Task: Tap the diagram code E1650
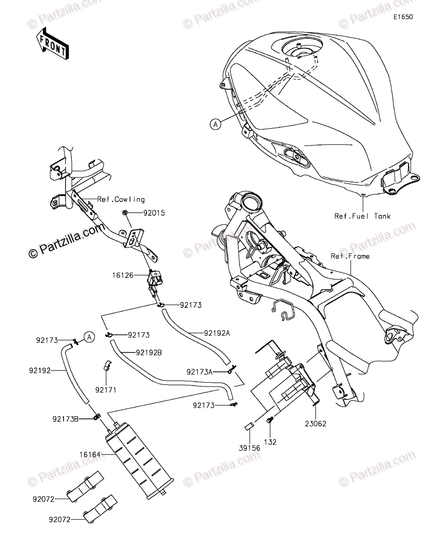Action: pos(402,17)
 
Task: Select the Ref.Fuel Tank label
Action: pos(362,216)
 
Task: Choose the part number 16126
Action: pos(123,274)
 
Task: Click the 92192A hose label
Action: pos(204,333)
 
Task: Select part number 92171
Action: pos(106,389)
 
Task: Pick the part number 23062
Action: pos(315,423)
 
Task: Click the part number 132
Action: pos(270,442)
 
